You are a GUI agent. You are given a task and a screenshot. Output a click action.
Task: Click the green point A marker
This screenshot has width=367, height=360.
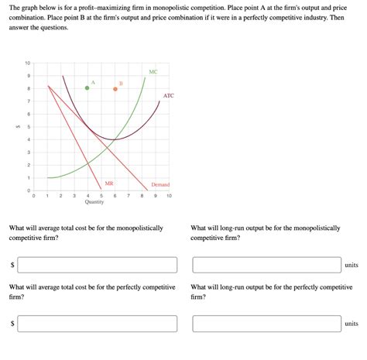tap(87, 88)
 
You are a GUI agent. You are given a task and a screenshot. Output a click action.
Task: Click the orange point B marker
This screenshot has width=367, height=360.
tap(115, 89)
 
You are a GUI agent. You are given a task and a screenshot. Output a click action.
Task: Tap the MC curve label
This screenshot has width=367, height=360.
tap(153, 71)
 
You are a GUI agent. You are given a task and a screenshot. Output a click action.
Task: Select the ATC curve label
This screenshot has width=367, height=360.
tap(169, 96)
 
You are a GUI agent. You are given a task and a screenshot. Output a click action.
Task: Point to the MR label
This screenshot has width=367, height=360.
tap(109, 183)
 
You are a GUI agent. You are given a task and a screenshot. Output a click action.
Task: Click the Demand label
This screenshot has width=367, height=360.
tap(160, 185)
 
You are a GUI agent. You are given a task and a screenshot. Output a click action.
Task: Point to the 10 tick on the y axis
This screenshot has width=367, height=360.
tap(28, 63)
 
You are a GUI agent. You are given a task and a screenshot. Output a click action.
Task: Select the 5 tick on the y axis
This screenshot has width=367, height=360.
tap(29, 126)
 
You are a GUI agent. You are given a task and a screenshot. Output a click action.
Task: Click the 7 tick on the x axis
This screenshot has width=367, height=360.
tap(129, 196)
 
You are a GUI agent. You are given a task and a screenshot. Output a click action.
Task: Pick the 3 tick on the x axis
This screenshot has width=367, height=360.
tap(74, 196)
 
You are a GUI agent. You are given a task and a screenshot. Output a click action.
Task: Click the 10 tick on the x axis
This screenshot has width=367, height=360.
tap(169, 196)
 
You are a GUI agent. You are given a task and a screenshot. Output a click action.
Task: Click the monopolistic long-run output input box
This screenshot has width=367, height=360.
tap(266, 265)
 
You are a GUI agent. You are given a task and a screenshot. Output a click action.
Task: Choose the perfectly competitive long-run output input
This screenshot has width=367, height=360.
tap(266, 323)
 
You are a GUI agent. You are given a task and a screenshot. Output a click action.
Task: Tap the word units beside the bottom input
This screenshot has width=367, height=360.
tap(352, 324)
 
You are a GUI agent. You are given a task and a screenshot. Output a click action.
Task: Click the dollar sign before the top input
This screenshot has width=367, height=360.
tap(12, 266)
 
